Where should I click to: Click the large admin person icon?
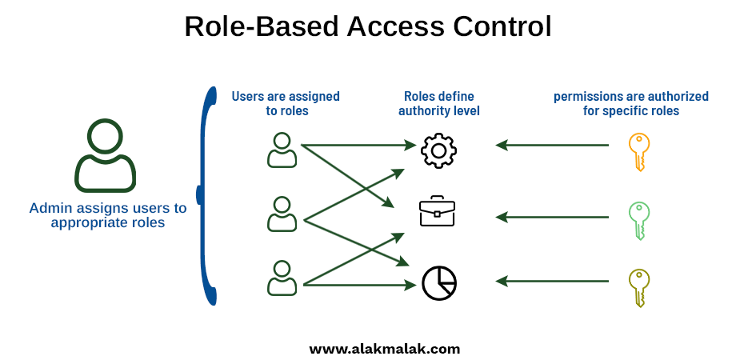pyautogui.click(x=105, y=174)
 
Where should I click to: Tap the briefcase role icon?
pyautogui.click(x=437, y=211)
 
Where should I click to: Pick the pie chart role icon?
pyautogui.click(x=439, y=283)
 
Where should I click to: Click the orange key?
pyautogui.click(x=639, y=151)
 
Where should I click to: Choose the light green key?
pyautogui.click(x=639, y=221)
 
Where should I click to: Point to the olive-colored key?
pyautogui.click(x=639, y=288)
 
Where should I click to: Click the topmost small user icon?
pyautogui.click(x=282, y=150)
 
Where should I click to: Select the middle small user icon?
pyautogui.click(x=282, y=214)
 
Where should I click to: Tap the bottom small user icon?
pyautogui.click(x=282, y=278)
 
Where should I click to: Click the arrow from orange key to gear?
pyautogui.click(x=552, y=145)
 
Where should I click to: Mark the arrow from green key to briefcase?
pyautogui.click(x=552, y=217)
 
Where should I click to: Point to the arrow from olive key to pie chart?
pyautogui.click(x=552, y=281)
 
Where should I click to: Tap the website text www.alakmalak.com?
pyautogui.click(x=385, y=349)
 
